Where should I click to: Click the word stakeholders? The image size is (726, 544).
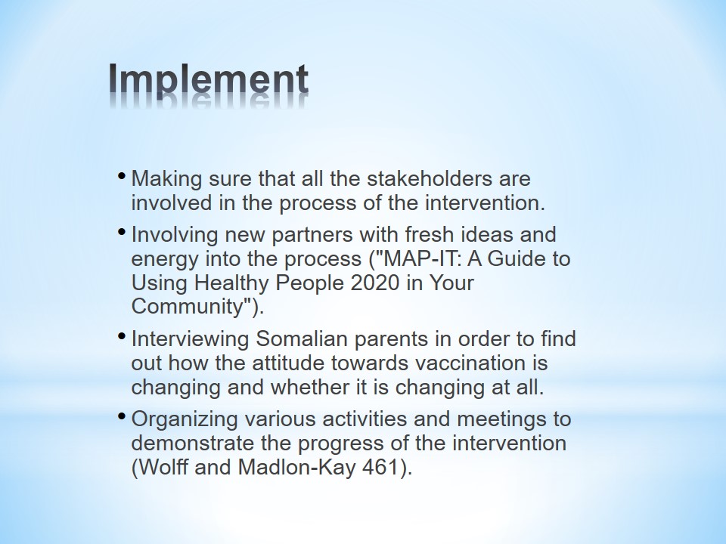pos(430,178)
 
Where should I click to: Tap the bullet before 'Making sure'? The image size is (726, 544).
pos(122,176)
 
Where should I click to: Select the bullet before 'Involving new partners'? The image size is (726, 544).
pos(122,232)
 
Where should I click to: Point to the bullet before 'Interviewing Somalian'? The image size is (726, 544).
pos(122,335)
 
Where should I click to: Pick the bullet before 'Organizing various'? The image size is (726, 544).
pos(122,416)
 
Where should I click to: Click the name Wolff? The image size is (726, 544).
pos(163,467)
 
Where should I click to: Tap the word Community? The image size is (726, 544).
pos(188,306)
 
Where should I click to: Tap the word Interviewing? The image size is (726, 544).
pos(191,339)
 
